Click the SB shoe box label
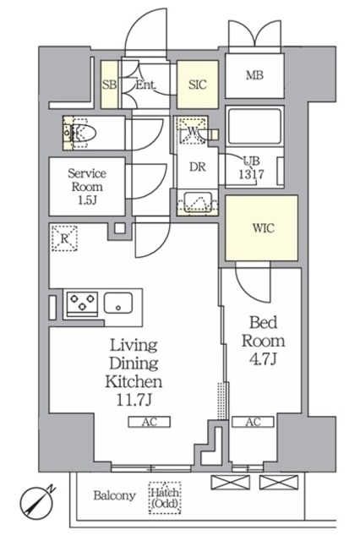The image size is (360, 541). [110, 85]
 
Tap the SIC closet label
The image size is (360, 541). [198, 85]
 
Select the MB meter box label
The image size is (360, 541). [254, 75]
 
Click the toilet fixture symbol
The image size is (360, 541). [81, 133]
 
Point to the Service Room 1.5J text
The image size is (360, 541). [87, 186]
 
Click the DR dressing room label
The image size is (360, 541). [198, 167]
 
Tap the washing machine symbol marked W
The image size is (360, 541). [192, 130]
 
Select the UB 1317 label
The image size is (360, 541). [252, 167]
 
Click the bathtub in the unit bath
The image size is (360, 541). [255, 126]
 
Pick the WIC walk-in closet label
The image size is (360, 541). [264, 228]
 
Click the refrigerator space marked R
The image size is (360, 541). [64, 238]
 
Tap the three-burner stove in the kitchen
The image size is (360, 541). [82, 303]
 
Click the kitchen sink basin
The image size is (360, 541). [118, 303]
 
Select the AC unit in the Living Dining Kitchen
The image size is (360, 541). [150, 422]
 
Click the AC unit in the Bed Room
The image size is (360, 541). [253, 422]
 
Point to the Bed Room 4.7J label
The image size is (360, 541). [263, 341]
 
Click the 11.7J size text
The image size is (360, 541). [134, 400]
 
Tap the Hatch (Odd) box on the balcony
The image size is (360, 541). [165, 498]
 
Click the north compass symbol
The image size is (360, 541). [35, 504]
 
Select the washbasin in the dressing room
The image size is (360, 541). [197, 202]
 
